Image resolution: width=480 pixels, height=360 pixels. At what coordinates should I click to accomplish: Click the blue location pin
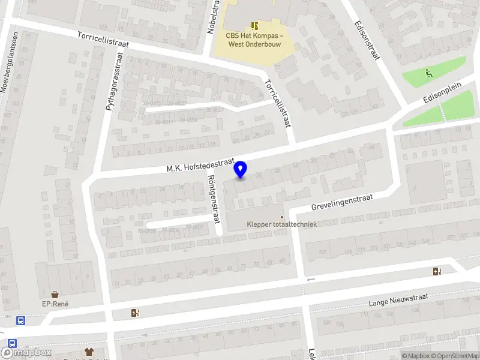[241, 169]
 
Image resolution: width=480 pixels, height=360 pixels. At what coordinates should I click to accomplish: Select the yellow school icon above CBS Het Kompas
[254, 25]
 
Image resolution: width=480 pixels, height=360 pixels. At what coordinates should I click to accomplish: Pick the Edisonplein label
[442, 94]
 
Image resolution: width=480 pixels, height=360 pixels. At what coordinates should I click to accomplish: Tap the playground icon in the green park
[428, 74]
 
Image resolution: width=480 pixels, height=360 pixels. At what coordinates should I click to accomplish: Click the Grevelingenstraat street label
[342, 202]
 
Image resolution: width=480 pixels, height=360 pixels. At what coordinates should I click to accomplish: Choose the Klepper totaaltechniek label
[282, 224]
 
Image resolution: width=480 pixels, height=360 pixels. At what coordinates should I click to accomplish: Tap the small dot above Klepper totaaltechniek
[282, 217]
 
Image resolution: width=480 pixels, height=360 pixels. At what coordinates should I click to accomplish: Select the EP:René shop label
[55, 304]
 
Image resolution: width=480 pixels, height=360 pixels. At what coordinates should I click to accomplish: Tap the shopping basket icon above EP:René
[55, 294]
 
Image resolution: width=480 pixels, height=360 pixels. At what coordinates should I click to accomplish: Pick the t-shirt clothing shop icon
[89, 352]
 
